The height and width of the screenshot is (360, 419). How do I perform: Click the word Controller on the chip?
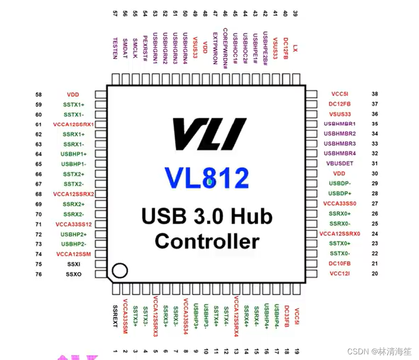[207, 241]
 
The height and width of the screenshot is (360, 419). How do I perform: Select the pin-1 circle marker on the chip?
[119, 271]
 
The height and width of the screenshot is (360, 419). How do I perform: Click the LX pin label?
[295, 48]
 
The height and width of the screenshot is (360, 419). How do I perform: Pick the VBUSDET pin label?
[340, 163]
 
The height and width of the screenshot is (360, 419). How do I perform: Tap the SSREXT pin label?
[115, 315]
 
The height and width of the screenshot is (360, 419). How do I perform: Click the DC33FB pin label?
[287, 315]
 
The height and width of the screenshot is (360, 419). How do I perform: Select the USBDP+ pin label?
[340, 193]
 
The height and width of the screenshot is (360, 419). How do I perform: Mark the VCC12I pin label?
[340, 273]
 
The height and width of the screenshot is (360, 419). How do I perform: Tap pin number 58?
[39, 94]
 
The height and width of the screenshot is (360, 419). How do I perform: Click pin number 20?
[375, 273]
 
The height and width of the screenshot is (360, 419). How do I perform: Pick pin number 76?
[39, 274]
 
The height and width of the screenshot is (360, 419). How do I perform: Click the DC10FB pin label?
[340, 263]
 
